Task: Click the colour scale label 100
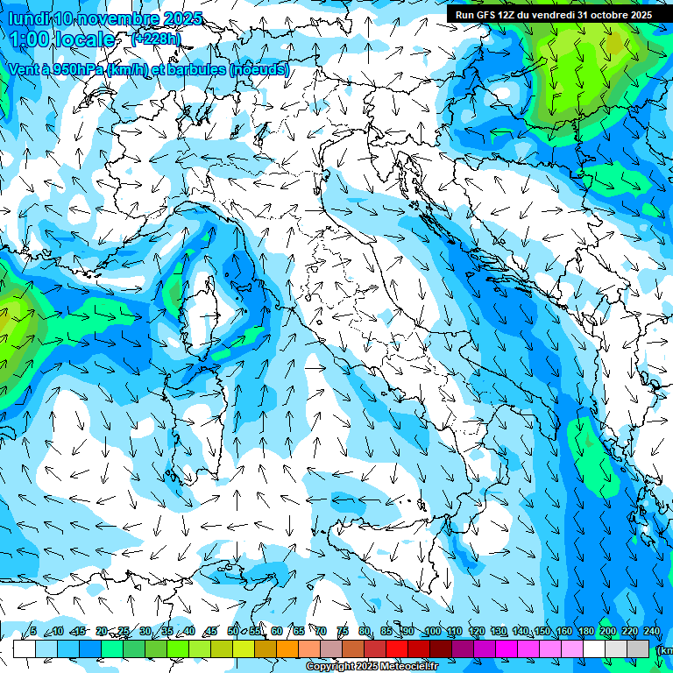tap(432, 631)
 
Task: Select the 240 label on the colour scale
tap(651, 631)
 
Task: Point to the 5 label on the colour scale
tap(33, 631)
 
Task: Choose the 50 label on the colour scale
tap(232, 631)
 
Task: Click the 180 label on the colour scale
tap(585, 631)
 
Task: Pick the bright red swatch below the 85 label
tap(397, 648)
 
